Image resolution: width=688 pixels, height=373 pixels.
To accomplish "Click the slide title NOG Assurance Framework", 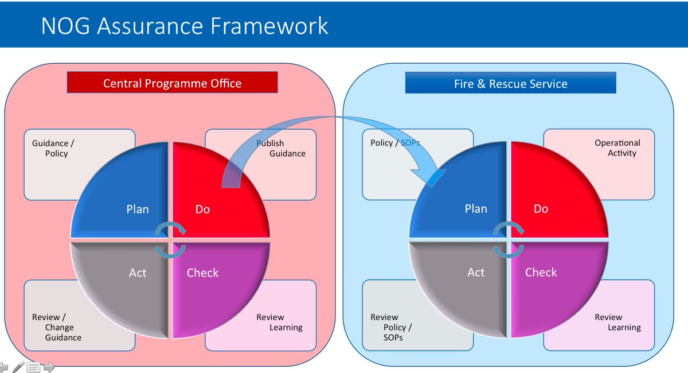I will click(x=185, y=26).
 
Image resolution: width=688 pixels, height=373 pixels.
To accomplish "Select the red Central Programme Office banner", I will click(x=172, y=83).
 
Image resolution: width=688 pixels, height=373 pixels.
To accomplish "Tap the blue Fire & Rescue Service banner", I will click(x=510, y=84).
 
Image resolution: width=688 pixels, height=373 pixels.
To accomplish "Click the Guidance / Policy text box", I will click(x=53, y=149).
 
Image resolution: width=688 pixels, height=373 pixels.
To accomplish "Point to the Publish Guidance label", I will click(x=281, y=149).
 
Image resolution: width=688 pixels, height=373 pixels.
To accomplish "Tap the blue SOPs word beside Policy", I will click(x=410, y=143).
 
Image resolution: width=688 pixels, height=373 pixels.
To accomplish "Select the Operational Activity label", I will click(x=618, y=148).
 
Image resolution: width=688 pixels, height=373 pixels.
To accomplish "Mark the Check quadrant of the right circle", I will click(x=550, y=281).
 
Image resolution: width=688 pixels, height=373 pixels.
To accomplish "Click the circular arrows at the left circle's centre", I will click(x=171, y=239).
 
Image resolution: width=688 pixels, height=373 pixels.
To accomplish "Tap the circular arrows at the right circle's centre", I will click(x=509, y=239).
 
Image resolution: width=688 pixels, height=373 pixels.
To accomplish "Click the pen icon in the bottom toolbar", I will click(x=18, y=366).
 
